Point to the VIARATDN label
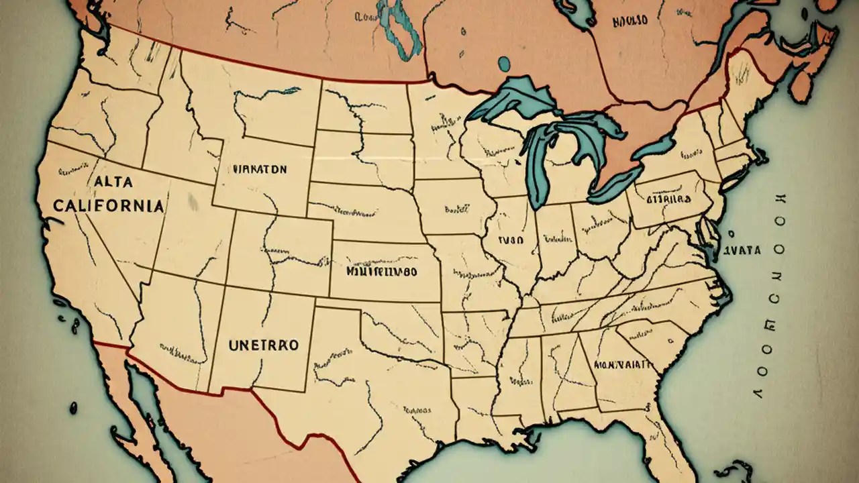[260, 170]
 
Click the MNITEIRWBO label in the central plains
[381, 272]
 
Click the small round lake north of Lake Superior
[503, 64]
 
